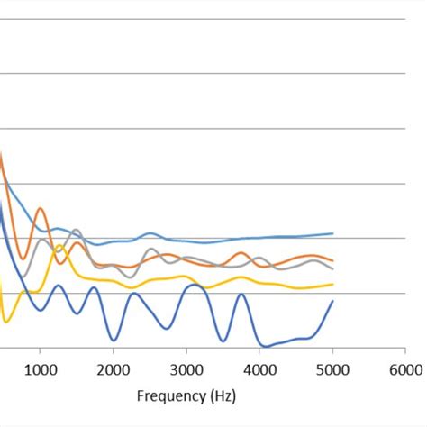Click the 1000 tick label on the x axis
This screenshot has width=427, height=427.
pos(40,368)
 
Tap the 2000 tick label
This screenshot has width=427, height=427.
pos(113,368)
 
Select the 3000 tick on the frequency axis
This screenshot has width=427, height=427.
pos(186,368)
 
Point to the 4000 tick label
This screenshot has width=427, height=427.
pos(259,368)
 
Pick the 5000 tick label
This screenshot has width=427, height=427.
pos(332,368)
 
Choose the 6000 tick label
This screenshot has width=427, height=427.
pos(405,368)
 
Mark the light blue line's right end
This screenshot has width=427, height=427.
pos(333,233)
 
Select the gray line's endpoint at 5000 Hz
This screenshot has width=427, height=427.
pos(333,268)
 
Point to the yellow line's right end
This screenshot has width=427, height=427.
pos(333,284)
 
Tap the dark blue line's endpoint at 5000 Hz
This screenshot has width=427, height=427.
pos(333,301)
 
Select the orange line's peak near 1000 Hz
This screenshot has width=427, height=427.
pos(41,210)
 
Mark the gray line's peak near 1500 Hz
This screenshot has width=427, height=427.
pos(76,230)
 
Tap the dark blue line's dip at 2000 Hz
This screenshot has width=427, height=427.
pos(114,340)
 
